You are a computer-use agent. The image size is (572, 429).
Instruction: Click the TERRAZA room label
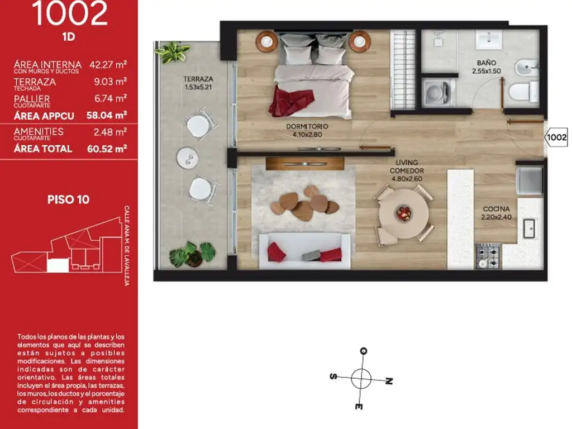pyautogui.click(x=198, y=83)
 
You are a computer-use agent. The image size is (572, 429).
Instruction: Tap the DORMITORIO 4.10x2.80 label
pyautogui.click(x=307, y=130)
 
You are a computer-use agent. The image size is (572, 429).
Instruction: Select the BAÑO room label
pyautogui.click(x=487, y=67)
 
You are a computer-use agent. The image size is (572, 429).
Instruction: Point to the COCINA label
pyautogui.click(x=496, y=213)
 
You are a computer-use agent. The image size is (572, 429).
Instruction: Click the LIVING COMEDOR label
pyautogui.click(x=407, y=170)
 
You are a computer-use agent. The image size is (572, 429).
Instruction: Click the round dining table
pyautogui.click(x=403, y=214)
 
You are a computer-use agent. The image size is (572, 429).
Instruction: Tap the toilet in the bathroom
pyautogui.click(x=523, y=92)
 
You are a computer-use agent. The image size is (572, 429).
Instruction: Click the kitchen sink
pyautogui.click(x=528, y=228)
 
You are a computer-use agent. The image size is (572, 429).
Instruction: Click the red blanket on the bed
pyautogui.click(x=290, y=101)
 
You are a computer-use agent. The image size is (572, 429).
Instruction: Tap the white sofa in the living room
pyautogui.click(x=304, y=251)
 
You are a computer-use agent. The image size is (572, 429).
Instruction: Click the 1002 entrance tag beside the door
pyautogui.click(x=556, y=137)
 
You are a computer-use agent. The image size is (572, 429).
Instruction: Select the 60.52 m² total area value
pyautogui.click(x=107, y=149)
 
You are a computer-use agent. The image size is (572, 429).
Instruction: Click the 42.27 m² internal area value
pyautogui.click(x=108, y=65)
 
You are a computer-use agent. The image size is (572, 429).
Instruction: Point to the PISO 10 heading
pyautogui.click(x=68, y=199)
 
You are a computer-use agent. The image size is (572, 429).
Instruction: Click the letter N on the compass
pyautogui.click(x=389, y=381)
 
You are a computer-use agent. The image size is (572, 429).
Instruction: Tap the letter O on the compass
pyautogui.click(x=363, y=351)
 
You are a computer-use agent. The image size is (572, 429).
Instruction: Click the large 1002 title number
pyautogui.click(x=69, y=13)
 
